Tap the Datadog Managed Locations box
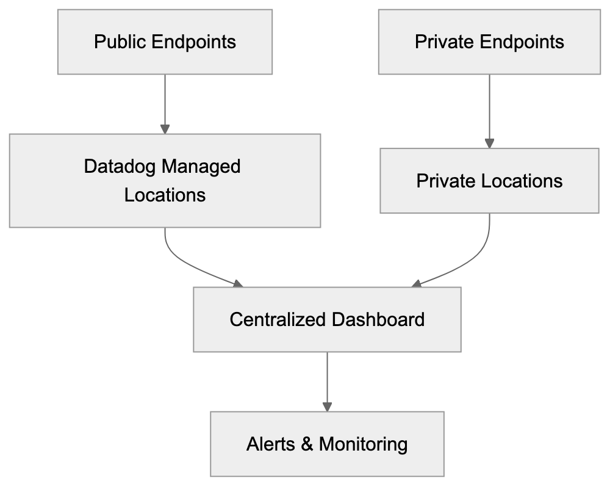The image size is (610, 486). point(165,181)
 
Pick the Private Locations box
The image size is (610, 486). point(489,181)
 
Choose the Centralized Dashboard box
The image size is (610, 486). point(327,319)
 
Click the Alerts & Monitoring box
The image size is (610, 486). point(327,444)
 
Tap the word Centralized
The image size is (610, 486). point(278,319)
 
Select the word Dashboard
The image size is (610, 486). point(378,319)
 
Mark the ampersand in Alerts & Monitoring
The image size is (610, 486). point(307,444)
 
